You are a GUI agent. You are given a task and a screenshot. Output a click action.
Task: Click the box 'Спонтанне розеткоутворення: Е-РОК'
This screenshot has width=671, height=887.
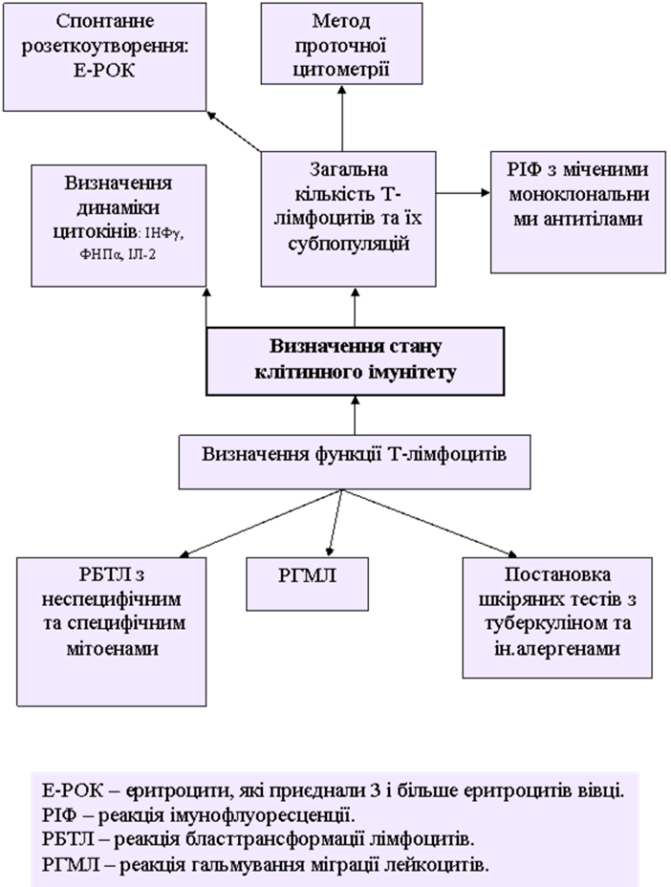(x=105, y=55)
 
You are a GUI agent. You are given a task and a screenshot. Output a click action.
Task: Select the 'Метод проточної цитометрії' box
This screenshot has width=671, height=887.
(x=341, y=45)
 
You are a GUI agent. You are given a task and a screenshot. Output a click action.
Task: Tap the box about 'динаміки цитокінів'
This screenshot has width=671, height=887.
(x=119, y=226)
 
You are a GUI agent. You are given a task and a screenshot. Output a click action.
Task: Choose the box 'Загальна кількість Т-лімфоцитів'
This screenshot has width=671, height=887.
(x=348, y=217)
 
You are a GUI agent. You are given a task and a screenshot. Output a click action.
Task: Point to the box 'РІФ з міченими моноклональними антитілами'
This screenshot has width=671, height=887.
(x=578, y=212)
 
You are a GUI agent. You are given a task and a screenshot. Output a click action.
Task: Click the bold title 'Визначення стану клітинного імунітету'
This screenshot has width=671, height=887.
(x=355, y=360)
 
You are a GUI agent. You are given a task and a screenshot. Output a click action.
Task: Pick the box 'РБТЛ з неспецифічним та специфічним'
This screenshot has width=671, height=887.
(x=112, y=631)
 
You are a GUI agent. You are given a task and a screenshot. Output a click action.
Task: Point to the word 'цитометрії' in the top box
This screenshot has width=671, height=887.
(x=341, y=68)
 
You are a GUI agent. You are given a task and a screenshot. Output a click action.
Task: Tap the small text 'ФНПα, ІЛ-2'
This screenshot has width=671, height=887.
(x=119, y=256)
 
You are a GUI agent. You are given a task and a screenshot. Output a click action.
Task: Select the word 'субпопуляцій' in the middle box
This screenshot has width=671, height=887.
(x=348, y=243)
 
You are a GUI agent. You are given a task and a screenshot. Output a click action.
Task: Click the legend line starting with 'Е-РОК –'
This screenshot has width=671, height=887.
(x=334, y=791)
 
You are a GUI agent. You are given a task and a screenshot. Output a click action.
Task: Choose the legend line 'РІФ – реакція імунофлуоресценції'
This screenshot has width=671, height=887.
(x=198, y=816)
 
